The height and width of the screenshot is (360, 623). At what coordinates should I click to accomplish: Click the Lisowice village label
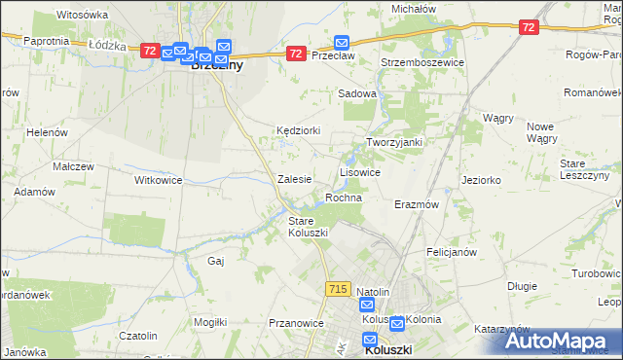(x=359, y=171)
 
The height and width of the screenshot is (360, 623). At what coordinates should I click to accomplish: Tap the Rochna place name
(x=344, y=198)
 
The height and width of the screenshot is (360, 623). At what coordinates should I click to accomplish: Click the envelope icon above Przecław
(x=342, y=42)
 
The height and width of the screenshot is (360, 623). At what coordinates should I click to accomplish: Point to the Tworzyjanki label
(x=393, y=142)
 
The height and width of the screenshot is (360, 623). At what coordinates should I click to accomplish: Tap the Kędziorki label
(x=298, y=129)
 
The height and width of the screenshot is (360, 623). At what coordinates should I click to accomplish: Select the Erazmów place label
(x=417, y=205)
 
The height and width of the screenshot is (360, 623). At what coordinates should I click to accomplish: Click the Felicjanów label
(x=451, y=252)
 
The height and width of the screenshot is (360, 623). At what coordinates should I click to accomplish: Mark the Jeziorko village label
(x=481, y=180)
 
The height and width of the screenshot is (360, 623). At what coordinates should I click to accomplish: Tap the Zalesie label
(x=294, y=179)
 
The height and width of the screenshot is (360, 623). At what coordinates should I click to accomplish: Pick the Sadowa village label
(x=356, y=93)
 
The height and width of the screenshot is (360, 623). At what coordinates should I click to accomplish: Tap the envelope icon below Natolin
(x=366, y=306)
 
